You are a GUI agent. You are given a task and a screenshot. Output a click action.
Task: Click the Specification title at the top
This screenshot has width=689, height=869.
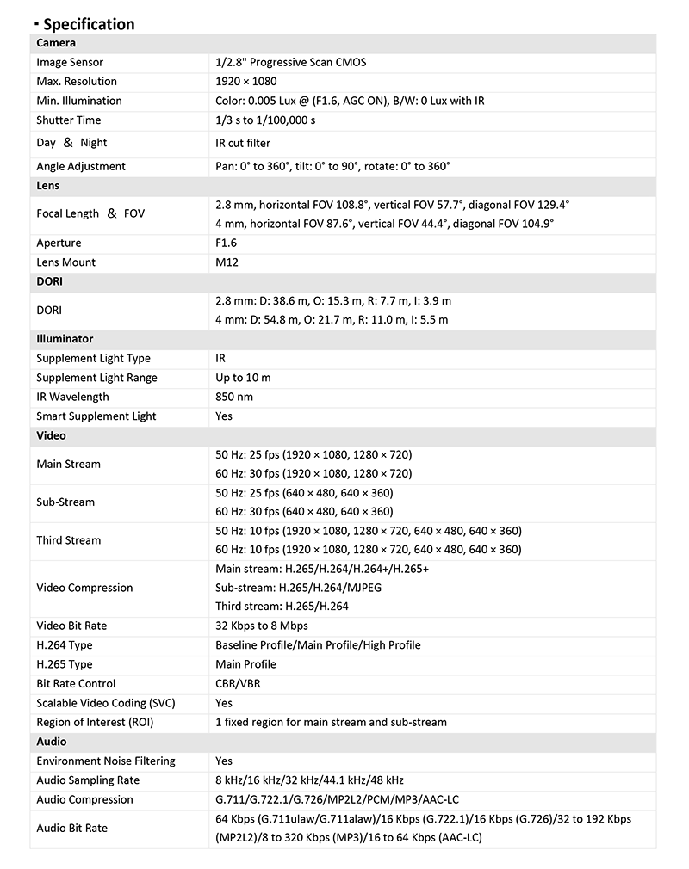coord(89,24)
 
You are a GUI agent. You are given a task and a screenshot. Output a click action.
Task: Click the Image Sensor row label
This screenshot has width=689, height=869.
coord(70,63)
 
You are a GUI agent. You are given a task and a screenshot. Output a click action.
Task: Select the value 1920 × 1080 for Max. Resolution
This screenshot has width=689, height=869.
coord(246,82)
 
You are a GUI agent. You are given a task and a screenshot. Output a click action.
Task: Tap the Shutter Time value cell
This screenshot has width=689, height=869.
coord(265,120)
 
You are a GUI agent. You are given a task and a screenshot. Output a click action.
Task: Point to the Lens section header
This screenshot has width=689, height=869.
coord(48,186)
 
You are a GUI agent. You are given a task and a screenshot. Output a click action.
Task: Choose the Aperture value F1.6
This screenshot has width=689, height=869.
coord(227,243)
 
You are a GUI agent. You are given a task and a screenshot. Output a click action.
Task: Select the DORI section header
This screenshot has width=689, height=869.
coord(50,281)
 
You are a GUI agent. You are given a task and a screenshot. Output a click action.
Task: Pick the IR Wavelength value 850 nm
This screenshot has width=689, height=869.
coord(234,398)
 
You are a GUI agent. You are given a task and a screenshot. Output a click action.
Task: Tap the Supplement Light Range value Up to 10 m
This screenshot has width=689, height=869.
coord(243,378)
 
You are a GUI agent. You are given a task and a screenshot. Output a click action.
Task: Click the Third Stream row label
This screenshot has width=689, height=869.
coord(69,540)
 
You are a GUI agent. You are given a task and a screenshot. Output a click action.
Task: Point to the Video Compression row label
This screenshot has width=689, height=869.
coord(84,589)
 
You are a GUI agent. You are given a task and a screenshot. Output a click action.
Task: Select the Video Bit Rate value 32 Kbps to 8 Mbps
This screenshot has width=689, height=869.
coord(262,626)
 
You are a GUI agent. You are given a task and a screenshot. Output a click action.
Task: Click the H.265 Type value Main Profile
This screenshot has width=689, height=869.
coord(245,664)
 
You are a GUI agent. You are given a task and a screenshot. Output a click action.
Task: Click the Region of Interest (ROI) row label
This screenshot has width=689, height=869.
coord(95,723)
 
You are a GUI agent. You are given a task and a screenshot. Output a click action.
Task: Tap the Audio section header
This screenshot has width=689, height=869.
coord(52,742)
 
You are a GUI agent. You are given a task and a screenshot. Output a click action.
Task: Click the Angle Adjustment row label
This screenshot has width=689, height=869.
coord(81,166)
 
